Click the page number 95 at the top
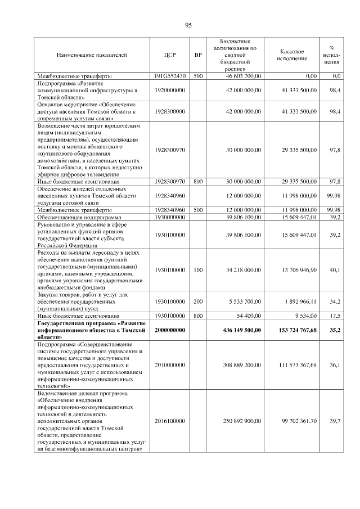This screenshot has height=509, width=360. [188, 25]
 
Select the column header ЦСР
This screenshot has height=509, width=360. [170, 55]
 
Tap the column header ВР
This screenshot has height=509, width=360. [198, 55]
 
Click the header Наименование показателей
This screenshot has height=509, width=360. [92, 55]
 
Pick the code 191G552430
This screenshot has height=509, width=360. [170, 75]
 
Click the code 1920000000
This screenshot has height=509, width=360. [170, 90]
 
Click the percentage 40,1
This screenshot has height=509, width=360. [335, 271]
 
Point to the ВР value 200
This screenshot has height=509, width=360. [198, 301]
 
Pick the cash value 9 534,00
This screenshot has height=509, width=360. [303, 316]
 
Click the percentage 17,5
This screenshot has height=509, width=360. [335, 316]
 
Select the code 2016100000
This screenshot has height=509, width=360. [170, 421]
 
